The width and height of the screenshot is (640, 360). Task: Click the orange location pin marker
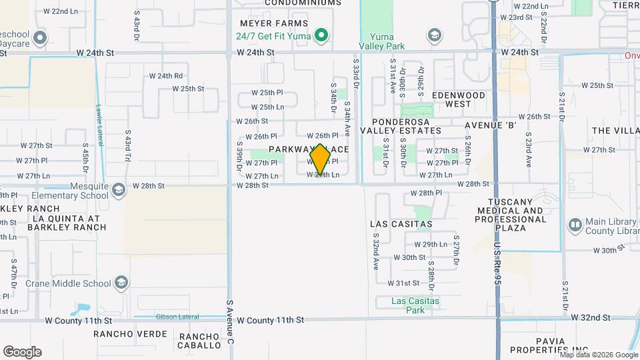coord(320,159)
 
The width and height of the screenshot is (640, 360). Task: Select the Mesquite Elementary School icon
coord(119,191)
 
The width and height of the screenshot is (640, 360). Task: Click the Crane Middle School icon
coord(121,283)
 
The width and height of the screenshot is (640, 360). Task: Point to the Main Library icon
coord(575,225)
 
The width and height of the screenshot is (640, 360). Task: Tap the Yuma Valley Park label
coord(382,41)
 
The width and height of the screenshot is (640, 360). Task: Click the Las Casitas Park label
coord(415,305)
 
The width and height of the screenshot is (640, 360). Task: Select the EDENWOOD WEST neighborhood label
coord(458,99)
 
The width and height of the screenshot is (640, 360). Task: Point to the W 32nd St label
coord(595,318)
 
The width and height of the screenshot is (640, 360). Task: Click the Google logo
coord(23,352)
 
